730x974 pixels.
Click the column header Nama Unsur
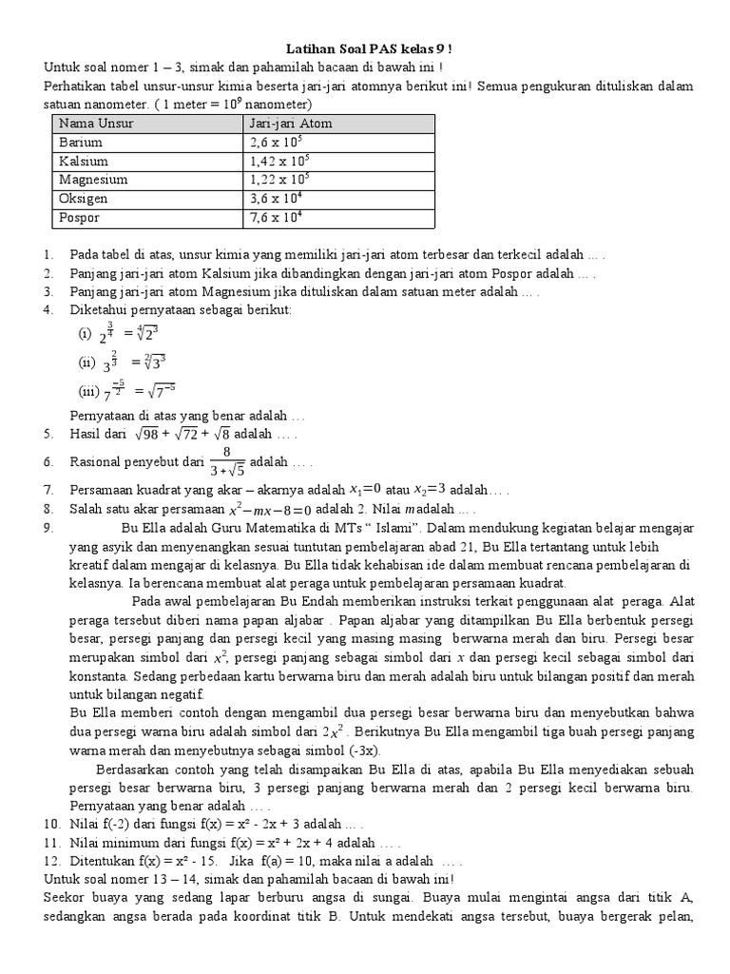(96, 124)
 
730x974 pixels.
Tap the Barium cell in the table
(81, 142)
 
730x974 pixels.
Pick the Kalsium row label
(84, 161)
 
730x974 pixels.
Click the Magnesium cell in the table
(93, 179)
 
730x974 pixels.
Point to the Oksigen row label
(84, 199)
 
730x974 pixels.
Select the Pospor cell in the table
(80, 218)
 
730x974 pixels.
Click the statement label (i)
(86, 335)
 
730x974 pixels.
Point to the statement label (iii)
(88, 390)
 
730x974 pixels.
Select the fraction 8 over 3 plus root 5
(227, 460)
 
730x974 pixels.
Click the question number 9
(48, 528)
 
